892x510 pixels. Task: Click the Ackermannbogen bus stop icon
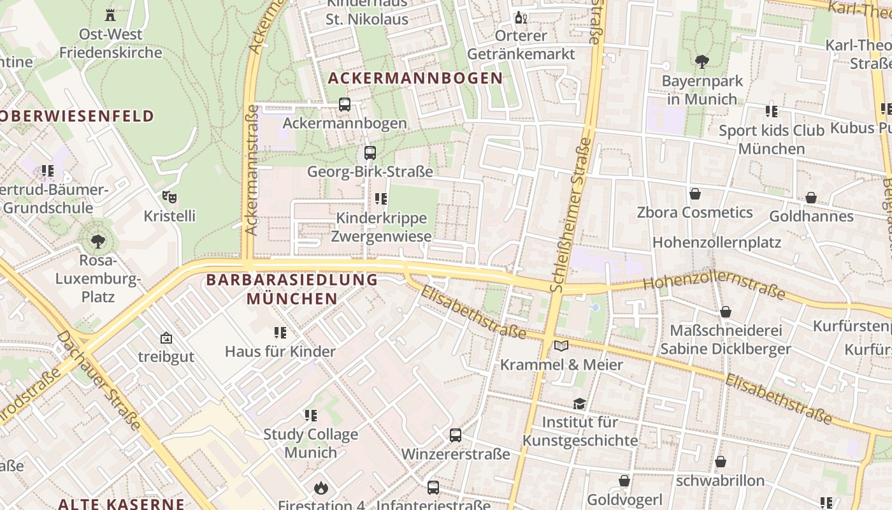pyautogui.click(x=345, y=105)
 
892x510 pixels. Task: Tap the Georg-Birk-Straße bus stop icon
pyautogui.click(x=370, y=153)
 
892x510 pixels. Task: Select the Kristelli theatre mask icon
pyautogui.click(x=169, y=197)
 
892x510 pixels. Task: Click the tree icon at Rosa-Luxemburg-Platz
pyautogui.click(x=97, y=242)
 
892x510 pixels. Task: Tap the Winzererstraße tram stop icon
pyautogui.click(x=456, y=435)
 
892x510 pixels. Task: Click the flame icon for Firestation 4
pyautogui.click(x=320, y=488)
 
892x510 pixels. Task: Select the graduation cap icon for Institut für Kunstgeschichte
pyautogui.click(x=579, y=404)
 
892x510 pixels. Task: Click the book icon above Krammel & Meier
pyautogui.click(x=561, y=346)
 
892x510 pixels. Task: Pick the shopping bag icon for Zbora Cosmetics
pyautogui.click(x=695, y=194)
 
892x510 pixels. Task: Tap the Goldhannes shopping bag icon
pyautogui.click(x=811, y=198)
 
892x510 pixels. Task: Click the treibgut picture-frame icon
pyautogui.click(x=166, y=338)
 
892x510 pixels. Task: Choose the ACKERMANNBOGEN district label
pyautogui.click(x=415, y=78)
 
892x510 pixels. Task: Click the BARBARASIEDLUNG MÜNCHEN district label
pyautogui.click(x=292, y=289)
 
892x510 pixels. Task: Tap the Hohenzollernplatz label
pyautogui.click(x=717, y=242)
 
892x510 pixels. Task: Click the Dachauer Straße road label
pyautogui.click(x=99, y=380)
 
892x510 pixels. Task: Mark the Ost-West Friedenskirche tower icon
pyautogui.click(x=111, y=15)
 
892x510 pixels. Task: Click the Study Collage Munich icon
pyautogui.click(x=311, y=416)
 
